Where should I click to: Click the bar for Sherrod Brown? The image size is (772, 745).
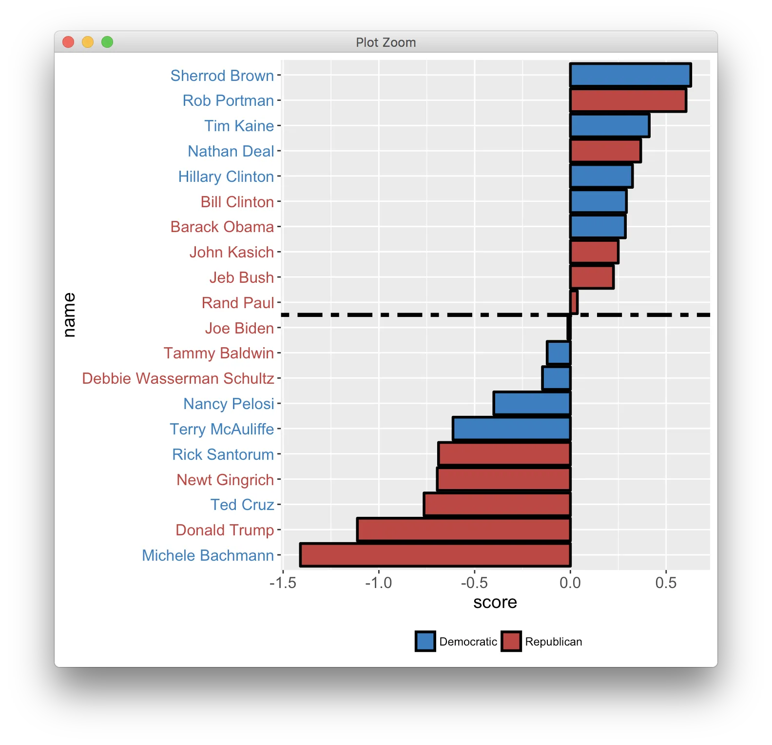[630, 75]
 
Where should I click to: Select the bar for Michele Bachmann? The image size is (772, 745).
[435, 555]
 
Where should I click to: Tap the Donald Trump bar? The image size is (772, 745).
[463, 529]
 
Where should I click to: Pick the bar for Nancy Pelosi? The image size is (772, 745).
[532, 403]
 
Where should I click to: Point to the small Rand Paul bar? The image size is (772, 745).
[574, 302]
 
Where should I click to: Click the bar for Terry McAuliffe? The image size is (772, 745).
[511, 429]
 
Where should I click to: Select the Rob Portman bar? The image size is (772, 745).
[628, 100]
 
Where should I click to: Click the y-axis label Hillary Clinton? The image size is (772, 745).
[226, 176]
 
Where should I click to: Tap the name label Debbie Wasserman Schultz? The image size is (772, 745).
[178, 378]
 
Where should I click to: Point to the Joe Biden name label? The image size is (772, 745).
[239, 328]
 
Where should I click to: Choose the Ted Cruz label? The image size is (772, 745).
[242, 505]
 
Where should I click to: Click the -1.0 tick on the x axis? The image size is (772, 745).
[379, 583]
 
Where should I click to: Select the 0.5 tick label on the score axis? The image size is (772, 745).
[666, 583]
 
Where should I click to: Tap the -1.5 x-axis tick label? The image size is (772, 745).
[283, 583]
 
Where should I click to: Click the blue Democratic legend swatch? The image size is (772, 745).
[425, 641]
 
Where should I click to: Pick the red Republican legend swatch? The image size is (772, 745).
[511, 641]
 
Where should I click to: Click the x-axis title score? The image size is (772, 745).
[495, 603]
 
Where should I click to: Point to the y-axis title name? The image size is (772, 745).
[69, 315]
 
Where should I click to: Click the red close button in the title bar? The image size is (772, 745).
[68, 42]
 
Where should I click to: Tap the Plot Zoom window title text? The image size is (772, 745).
[386, 42]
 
